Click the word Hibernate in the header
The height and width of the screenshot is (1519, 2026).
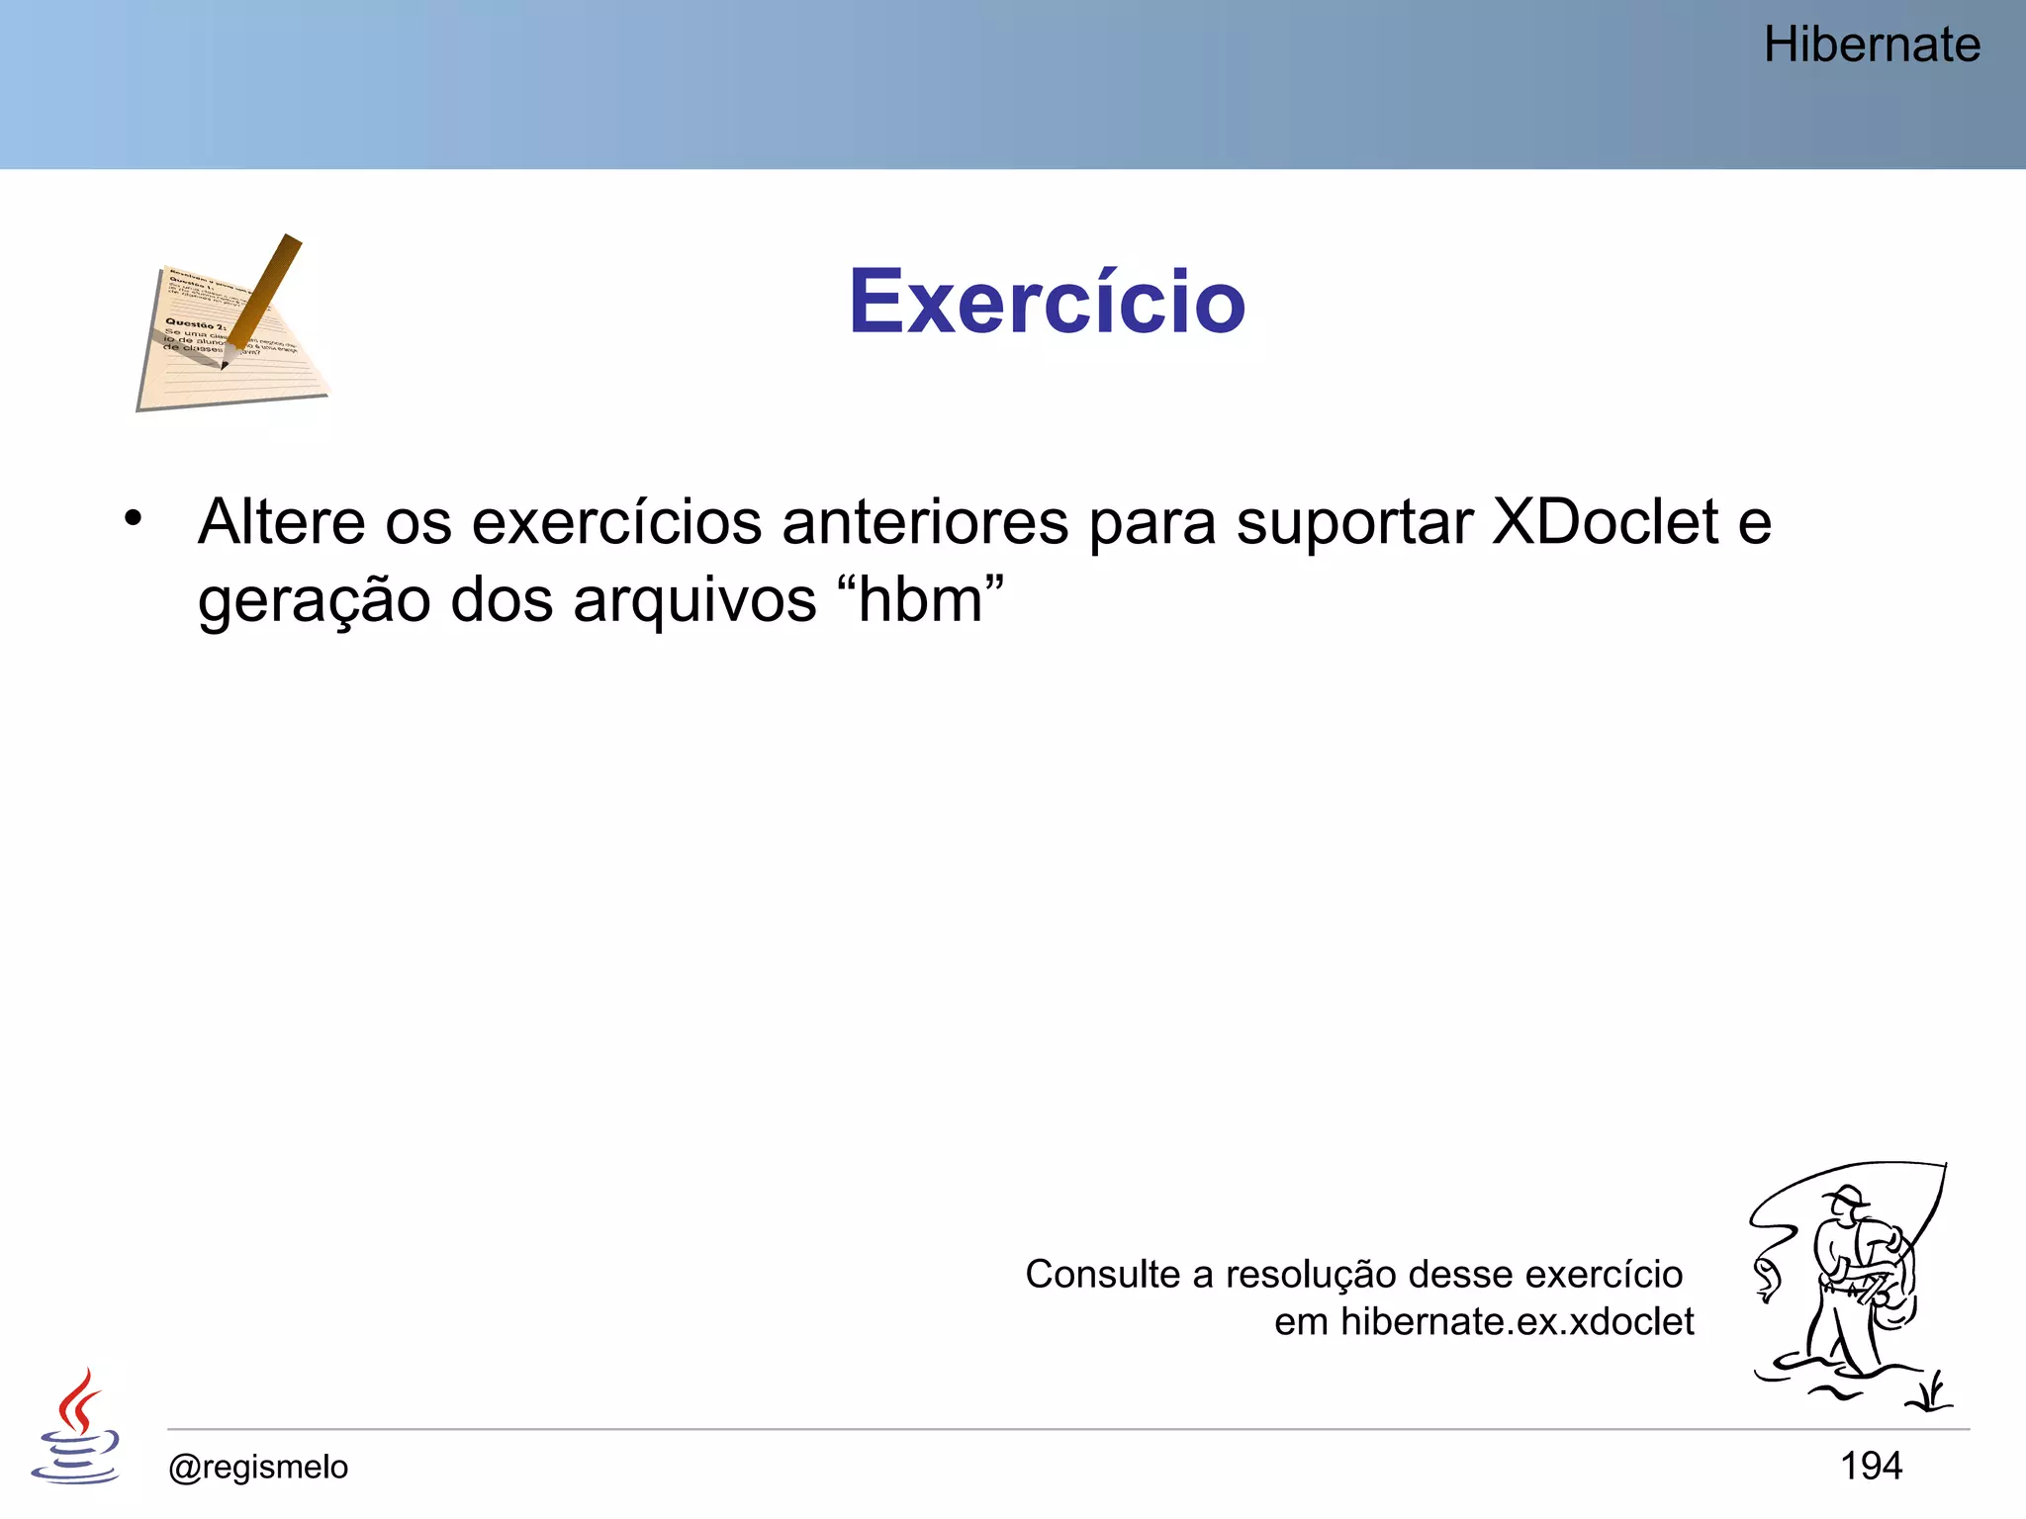tap(1871, 45)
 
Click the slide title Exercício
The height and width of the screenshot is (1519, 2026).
tap(1047, 302)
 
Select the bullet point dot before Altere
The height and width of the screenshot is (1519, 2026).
tap(134, 517)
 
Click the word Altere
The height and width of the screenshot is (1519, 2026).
tap(281, 522)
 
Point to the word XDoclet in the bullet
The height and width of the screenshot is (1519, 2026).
tap(1605, 522)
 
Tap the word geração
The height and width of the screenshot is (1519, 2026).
tap(313, 601)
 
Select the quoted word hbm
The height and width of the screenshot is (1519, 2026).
tap(920, 599)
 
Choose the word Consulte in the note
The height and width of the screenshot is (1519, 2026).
tap(1102, 1275)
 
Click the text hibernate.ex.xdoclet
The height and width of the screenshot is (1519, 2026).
tap(1517, 1322)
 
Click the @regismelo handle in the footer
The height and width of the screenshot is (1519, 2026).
tap(258, 1467)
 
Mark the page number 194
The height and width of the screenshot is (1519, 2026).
tap(1871, 1466)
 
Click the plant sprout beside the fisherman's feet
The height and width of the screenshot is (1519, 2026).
tap(1930, 1391)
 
